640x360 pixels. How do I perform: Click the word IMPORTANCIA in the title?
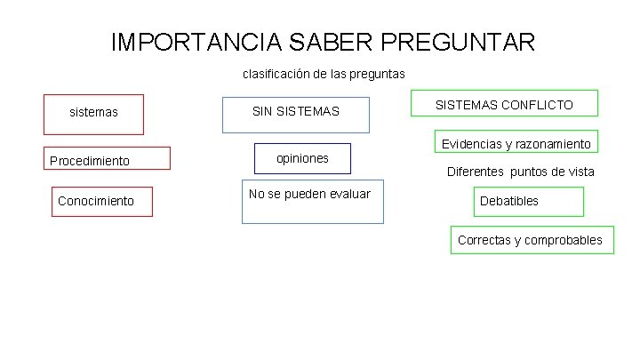pos(195,42)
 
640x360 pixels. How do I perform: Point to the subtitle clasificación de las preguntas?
pos(324,74)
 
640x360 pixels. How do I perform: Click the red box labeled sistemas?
pos(93,114)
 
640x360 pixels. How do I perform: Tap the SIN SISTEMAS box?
pos(295,113)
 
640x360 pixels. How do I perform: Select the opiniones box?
pos(302,158)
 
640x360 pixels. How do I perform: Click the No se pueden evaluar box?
pos(312,201)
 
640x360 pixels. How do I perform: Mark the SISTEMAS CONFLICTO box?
pos(503,104)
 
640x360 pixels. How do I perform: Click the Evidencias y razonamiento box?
pos(516,143)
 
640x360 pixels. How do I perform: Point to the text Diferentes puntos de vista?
pos(520,172)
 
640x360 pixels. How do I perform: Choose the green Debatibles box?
pos(530,201)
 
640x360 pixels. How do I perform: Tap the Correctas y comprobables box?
pos(532,240)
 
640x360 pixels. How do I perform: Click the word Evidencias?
pos(469,144)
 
